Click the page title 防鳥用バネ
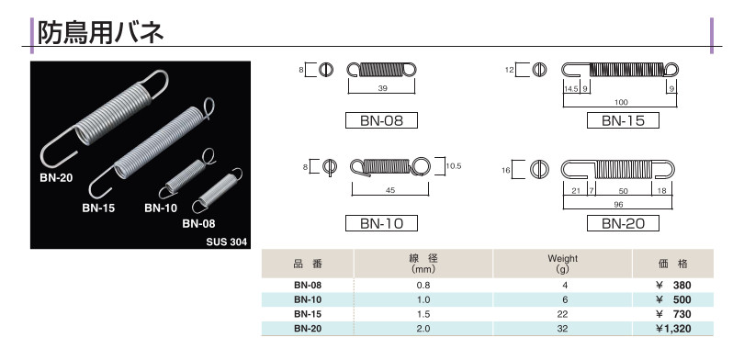tap(101, 33)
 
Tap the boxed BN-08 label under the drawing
tap(381, 120)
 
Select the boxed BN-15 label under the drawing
tap(623, 120)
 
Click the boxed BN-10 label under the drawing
tap(381, 223)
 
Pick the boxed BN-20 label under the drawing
tap(623, 223)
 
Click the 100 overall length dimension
tap(621, 102)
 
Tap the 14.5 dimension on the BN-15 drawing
tap(570, 89)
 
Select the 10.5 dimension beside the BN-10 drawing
tap(454, 166)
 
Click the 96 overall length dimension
tap(618, 205)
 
